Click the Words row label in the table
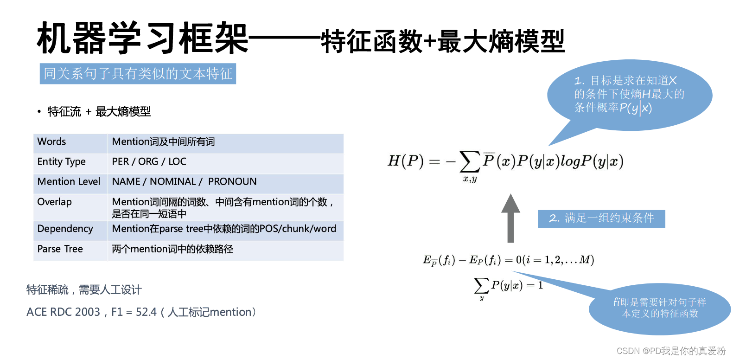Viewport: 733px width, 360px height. click(51, 141)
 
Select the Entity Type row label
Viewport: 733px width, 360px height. click(61, 161)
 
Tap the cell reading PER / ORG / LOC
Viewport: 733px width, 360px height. click(149, 161)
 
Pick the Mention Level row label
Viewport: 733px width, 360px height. click(69, 181)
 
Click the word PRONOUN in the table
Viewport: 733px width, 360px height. click(232, 181)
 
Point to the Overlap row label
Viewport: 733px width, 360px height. click(54, 202)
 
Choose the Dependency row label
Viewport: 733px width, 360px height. click(65, 229)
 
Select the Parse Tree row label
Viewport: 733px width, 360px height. click(60, 249)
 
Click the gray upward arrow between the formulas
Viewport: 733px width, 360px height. click(510, 218)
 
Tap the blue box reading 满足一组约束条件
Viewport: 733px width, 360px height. click(601, 219)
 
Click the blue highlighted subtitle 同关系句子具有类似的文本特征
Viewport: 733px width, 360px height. click(138, 74)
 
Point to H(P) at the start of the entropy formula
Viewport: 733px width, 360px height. click(406, 161)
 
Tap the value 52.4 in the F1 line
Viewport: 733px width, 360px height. click(146, 312)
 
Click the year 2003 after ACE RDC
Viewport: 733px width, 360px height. click(87, 312)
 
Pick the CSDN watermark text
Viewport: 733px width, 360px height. click(670, 351)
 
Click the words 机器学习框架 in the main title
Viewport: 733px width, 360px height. click(142, 39)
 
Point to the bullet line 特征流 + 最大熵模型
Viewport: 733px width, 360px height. click(99, 112)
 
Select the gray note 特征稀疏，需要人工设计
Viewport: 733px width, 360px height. click(84, 290)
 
